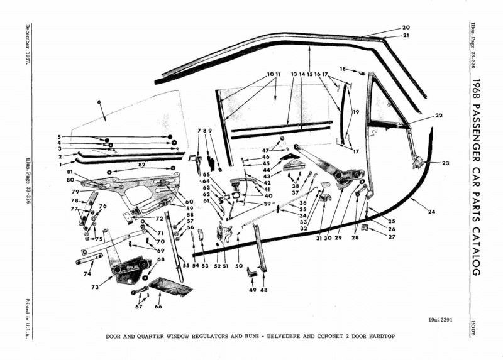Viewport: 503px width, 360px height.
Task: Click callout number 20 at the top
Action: coord(406,28)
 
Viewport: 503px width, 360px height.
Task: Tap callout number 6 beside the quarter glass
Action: coord(99,102)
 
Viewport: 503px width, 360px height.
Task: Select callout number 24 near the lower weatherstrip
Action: coord(431,212)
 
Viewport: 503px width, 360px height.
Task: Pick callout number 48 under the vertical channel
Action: coord(263,290)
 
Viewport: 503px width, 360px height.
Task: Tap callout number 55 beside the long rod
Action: coord(186,266)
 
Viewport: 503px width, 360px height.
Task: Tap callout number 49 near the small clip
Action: coord(251,290)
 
